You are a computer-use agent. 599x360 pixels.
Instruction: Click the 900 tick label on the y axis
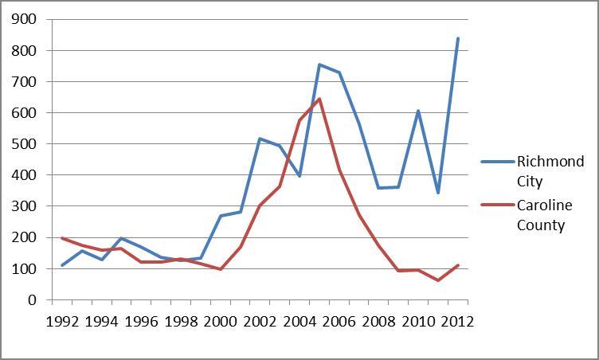click(x=22, y=19)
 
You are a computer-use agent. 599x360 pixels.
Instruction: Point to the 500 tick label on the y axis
click(x=22, y=144)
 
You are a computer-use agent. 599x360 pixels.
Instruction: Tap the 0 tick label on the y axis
click(x=32, y=300)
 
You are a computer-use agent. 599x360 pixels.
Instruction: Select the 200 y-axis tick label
click(x=22, y=237)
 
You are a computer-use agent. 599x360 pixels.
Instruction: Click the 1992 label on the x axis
click(x=62, y=322)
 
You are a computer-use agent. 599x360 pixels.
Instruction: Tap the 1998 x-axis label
click(x=181, y=322)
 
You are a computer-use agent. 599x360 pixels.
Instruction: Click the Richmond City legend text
click(x=555, y=170)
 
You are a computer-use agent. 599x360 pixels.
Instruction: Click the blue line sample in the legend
click(x=500, y=162)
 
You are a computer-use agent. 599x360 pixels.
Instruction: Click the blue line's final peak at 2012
click(x=458, y=38)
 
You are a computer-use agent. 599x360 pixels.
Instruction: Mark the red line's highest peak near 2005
click(x=319, y=99)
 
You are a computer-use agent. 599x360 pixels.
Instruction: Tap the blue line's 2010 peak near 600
click(x=418, y=111)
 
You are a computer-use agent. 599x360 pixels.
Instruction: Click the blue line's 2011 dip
click(x=438, y=193)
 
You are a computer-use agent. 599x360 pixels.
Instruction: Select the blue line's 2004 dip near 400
click(x=299, y=176)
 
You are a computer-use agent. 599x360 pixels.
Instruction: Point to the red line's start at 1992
click(x=62, y=238)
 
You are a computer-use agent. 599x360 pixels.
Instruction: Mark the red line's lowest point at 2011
click(x=438, y=280)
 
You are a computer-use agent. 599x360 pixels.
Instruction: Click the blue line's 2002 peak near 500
click(x=260, y=139)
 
